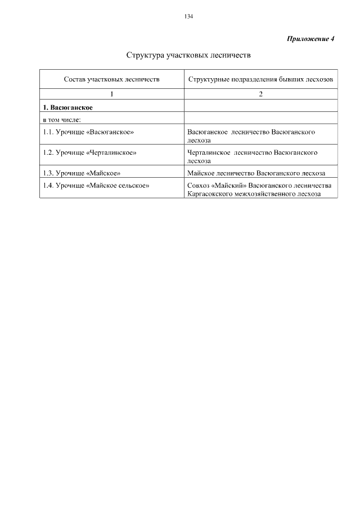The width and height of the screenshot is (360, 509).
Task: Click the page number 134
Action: pos(188,17)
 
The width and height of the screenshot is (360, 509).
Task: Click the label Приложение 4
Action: pos(310,39)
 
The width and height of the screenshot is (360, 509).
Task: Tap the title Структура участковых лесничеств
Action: pos(188,56)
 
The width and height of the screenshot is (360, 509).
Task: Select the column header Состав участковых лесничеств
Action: pos(111,80)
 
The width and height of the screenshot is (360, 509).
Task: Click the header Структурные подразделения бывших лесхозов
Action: pos(261,80)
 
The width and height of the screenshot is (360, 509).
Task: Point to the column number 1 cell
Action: pos(111,94)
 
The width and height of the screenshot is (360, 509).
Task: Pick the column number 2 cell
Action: pos(261,94)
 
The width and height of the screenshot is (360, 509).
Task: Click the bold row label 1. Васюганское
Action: pos(67,106)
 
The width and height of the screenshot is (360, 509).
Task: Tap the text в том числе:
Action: pos(62,118)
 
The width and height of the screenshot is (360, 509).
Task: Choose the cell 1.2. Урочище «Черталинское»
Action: pos(90,152)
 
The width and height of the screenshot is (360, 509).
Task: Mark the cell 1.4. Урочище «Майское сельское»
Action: pos(96,185)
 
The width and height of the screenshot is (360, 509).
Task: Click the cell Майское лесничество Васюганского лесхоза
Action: pos(256,173)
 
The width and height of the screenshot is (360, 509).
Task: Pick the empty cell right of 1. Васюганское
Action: pos(261,106)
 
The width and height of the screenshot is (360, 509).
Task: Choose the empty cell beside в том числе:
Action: pos(261,118)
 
